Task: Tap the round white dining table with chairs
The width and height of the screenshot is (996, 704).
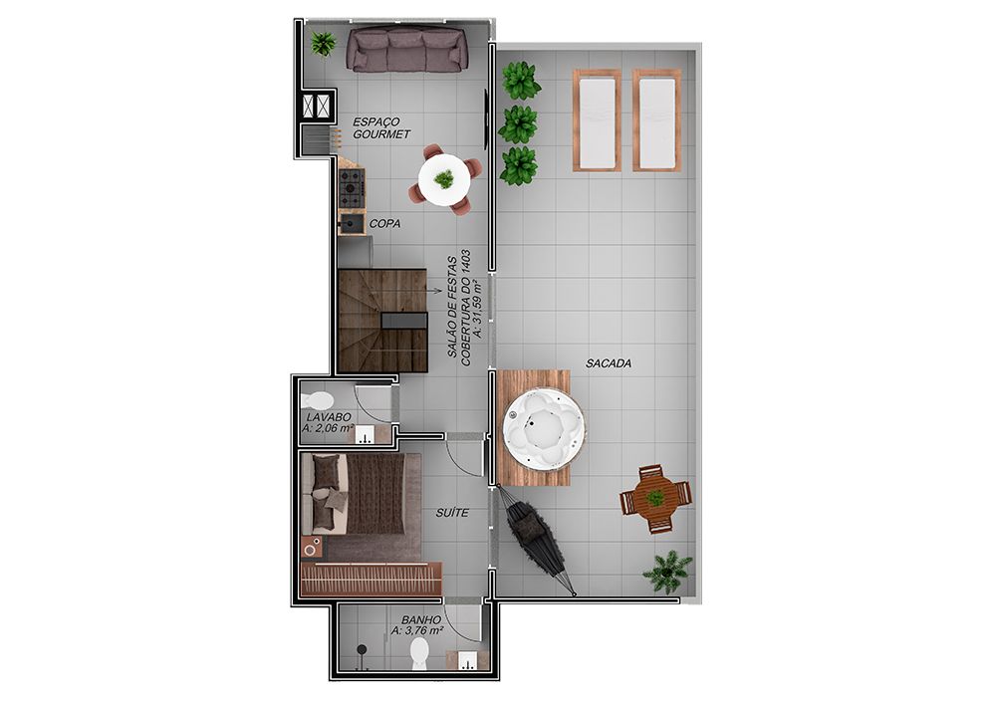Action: tap(444, 179)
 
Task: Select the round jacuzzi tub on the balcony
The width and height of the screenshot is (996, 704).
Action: tap(544, 429)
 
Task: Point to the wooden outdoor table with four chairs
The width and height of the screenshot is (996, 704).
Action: tap(655, 498)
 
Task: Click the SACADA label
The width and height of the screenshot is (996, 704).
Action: tap(609, 363)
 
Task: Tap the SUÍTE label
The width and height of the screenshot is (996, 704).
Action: tap(452, 512)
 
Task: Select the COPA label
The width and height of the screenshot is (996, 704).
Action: tap(384, 223)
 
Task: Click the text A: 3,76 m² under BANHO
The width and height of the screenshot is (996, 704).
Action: tap(417, 631)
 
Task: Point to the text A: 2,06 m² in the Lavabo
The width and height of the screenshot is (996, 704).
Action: tap(328, 428)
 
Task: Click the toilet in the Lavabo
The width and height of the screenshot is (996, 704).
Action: tap(318, 400)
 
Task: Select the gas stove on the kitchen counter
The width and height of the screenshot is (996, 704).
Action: tap(352, 182)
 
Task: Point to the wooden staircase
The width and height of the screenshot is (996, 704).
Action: tap(383, 320)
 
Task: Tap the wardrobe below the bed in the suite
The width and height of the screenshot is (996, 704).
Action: tap(371, 579)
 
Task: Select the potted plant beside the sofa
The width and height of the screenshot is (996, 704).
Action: tap(324, 44)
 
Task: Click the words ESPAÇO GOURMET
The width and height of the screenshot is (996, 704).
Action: tap(381, 127)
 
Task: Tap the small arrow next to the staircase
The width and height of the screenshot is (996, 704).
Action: tap(435, 292)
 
